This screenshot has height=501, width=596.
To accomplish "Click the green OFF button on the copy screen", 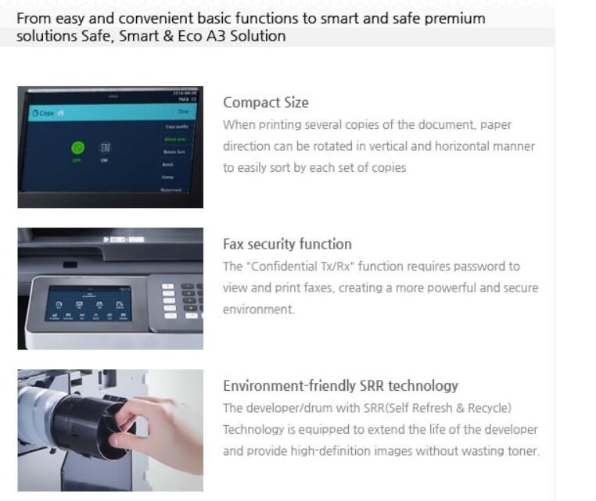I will click(x=77, y=147).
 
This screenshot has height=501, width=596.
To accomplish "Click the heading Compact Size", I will click(x=265, y=102).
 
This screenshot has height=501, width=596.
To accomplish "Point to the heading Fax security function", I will click(x=287, y=244).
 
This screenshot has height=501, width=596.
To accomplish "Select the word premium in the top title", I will click(x=455, y=18).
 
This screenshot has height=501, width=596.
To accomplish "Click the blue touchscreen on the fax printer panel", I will click(x=88, y=303).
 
